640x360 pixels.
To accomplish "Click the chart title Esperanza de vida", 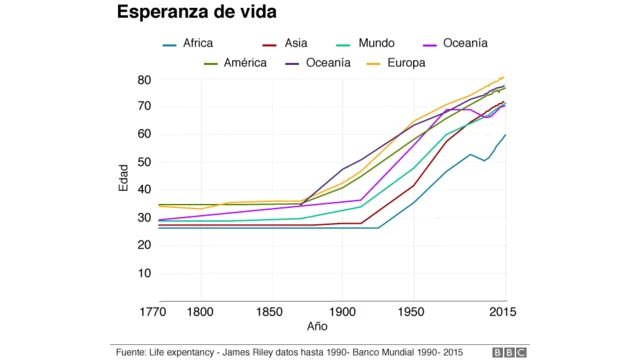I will click(196, 13).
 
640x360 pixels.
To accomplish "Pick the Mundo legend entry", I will click(375, 44).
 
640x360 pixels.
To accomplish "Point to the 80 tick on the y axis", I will click(144, 80).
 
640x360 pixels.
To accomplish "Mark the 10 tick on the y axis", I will click(144, 272).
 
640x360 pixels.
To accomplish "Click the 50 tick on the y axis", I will click(144, 162).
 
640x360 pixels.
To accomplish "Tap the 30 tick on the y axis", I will click(144, 217).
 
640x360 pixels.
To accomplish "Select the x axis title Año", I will click(317, 326).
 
